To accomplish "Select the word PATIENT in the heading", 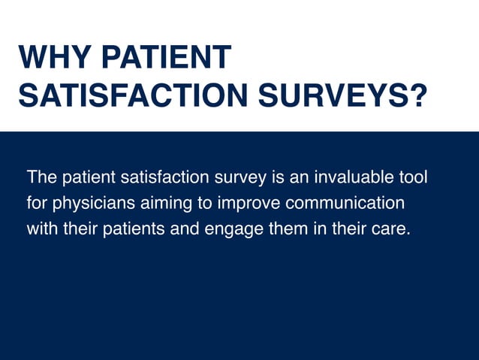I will click(166, 59).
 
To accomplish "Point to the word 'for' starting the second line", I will click(37, 204).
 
